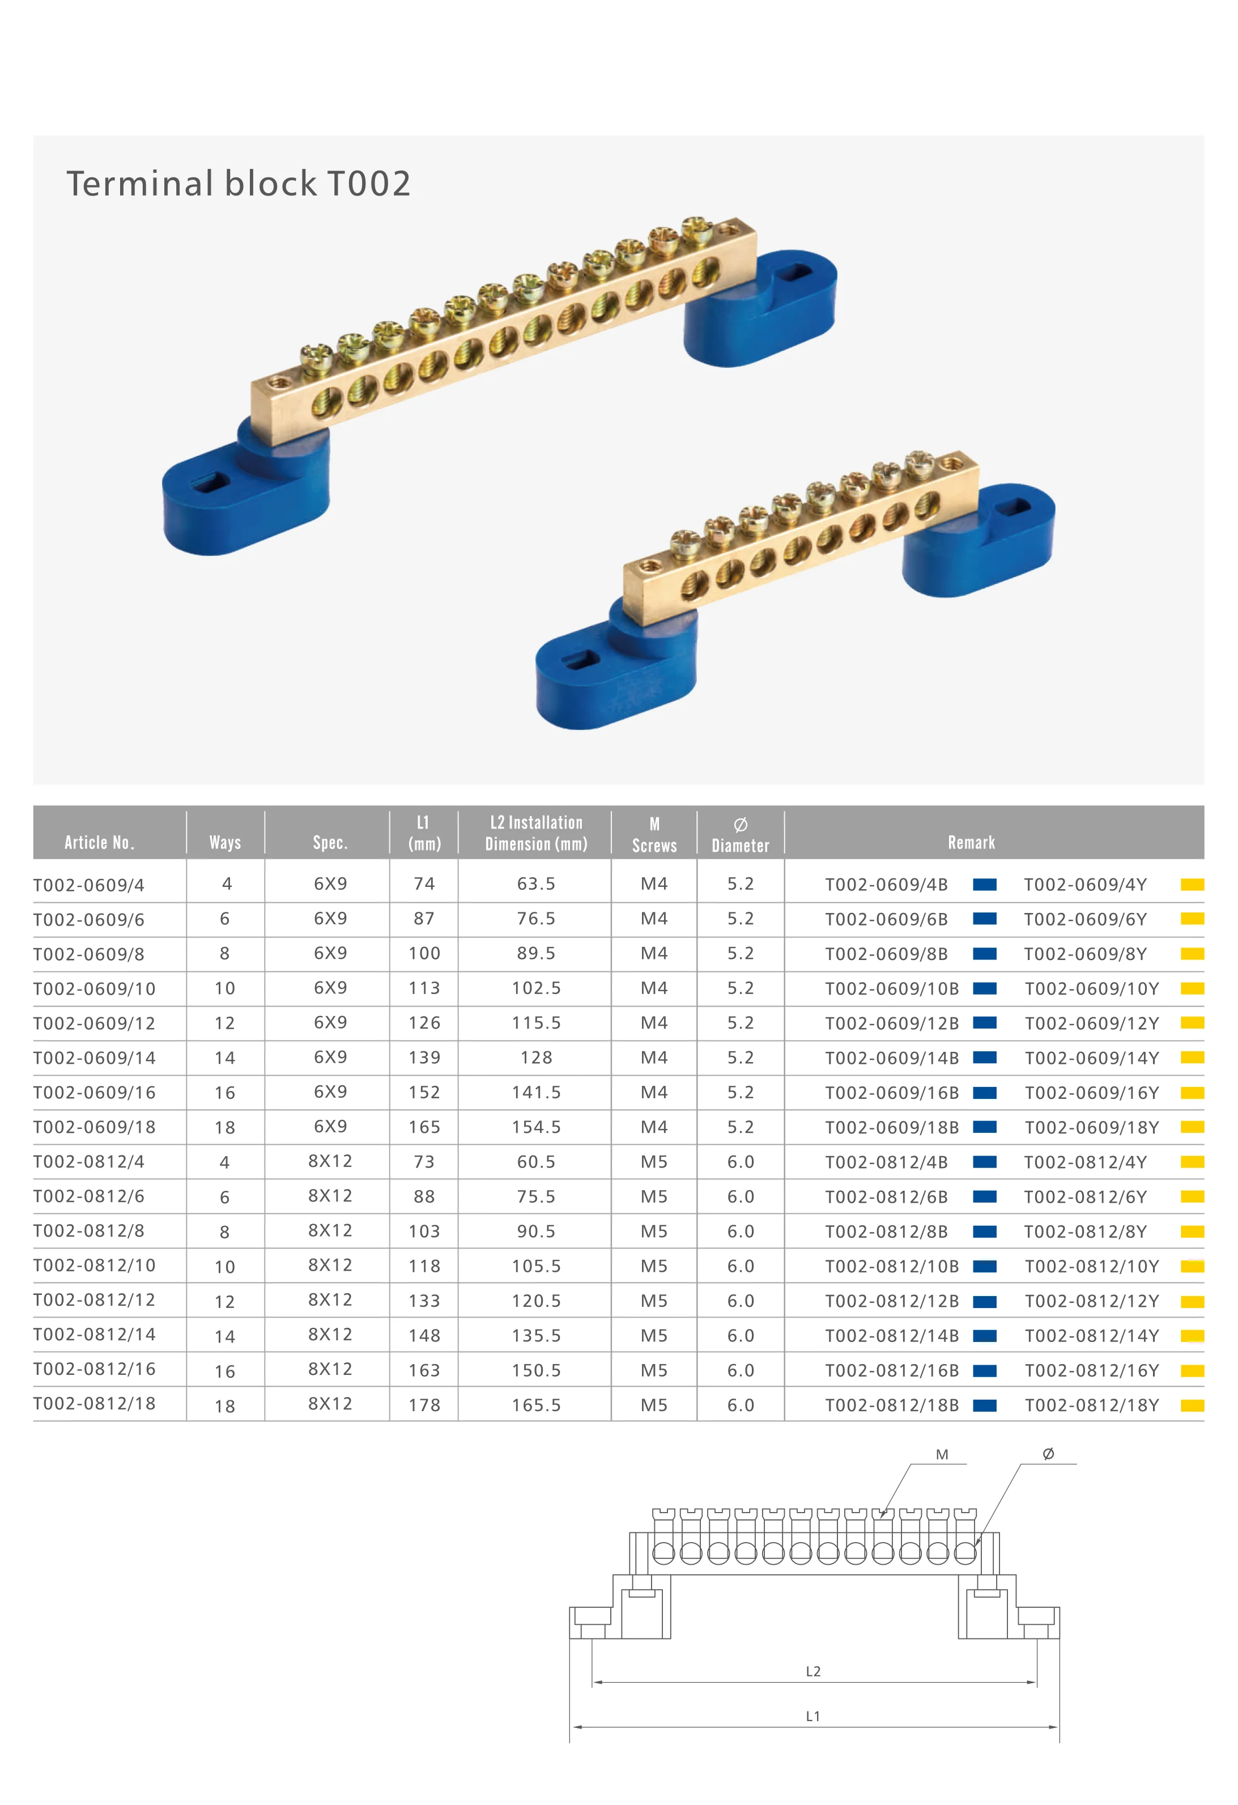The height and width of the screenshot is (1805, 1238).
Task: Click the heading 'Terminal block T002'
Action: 239,184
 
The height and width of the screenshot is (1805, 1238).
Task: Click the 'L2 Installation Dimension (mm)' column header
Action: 536,833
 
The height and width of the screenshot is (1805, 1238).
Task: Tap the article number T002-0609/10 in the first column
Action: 94,989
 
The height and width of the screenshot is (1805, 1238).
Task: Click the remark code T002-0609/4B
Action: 886,885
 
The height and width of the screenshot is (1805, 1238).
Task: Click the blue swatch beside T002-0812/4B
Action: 984,1162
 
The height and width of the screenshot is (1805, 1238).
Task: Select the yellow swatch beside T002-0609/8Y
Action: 1192,954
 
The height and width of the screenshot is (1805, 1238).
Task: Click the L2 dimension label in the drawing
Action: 812,1671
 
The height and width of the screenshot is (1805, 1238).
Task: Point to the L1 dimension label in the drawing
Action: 812,1717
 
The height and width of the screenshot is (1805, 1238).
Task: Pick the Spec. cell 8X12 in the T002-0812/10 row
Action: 330,1265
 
